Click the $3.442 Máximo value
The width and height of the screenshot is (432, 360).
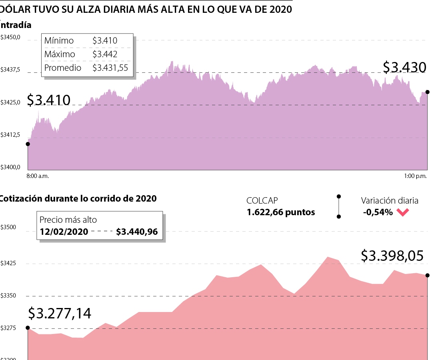[105, 54]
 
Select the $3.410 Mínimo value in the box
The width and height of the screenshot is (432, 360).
[105, 40]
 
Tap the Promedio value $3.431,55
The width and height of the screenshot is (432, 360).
[110, 68]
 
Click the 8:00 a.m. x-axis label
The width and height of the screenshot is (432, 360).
[38, 176]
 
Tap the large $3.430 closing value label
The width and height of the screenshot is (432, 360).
[404, 68]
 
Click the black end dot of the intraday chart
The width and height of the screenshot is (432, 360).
[428, 92]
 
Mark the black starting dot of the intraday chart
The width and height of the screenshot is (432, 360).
[28, 144]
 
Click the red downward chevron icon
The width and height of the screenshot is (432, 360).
[403, 212]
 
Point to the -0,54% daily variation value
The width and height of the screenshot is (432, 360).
[378, 212]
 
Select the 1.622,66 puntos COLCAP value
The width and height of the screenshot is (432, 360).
[281, 212]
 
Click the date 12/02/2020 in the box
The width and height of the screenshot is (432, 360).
[63, 232]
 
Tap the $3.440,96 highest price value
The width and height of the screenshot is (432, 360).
[137, 232]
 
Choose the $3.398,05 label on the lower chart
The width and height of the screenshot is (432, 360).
[392, 256]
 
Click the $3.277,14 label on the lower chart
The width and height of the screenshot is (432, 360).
[60, 313]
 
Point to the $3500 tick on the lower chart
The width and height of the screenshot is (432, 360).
[8, 228]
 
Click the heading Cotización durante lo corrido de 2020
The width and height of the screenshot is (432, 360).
[78, 198]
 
